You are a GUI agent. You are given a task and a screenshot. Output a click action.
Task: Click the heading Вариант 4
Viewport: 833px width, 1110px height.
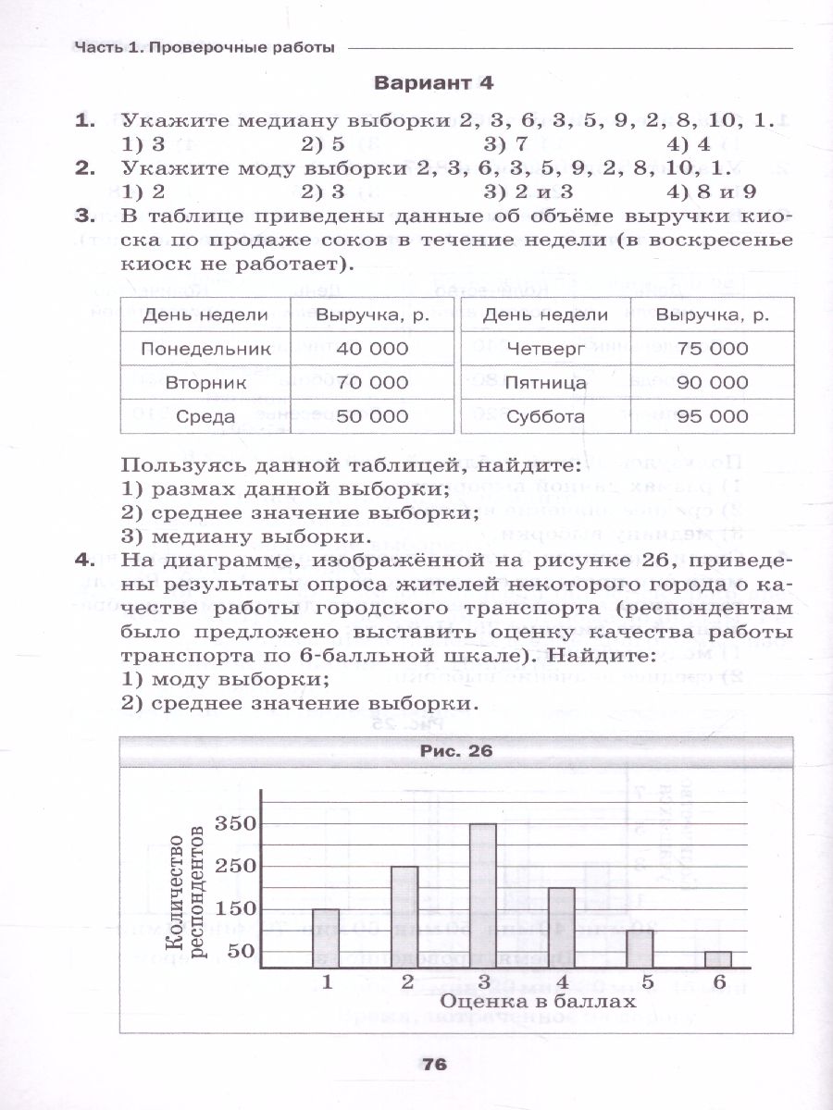click(433, 82)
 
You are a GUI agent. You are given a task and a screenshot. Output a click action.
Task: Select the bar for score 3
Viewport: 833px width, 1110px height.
click(482, 894)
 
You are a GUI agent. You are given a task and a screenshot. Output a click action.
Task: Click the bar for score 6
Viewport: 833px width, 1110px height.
click(718, 958)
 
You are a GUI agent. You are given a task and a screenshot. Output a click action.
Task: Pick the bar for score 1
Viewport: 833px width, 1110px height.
click(325, 937)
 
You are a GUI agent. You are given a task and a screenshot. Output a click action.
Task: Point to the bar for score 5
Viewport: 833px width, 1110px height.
click(640, 948)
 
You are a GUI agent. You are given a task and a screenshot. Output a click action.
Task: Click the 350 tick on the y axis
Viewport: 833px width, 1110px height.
click(233, 824)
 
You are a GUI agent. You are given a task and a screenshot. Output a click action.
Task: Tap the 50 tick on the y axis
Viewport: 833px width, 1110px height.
click(239, 951)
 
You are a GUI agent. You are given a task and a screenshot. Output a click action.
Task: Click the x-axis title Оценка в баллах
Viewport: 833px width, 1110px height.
click(525, 1002)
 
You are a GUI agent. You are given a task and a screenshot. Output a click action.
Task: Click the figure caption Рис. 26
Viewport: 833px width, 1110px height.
click(456, 751)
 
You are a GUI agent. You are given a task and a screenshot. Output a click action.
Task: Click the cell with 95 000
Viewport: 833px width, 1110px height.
click(712, 416)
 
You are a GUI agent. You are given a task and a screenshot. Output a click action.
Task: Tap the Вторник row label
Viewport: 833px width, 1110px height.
click(205, 382)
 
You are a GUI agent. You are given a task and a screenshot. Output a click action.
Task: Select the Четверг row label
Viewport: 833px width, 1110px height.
click(545, 349)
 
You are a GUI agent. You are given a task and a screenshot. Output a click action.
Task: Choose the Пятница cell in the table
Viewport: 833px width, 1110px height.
click(545, 382)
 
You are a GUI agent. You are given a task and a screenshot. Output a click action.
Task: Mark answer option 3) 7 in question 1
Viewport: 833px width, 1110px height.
click(505, 143)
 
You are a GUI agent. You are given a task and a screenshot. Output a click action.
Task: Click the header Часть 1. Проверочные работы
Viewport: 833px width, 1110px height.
click(205, 48)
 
